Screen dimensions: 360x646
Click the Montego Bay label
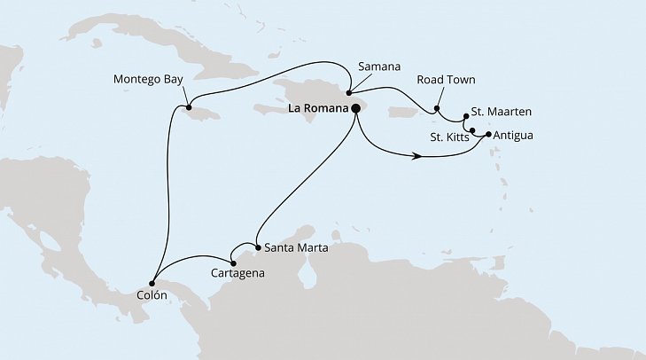pyautogui.click(x=148, y=79)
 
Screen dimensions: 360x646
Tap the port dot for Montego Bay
pyautogui.click(x=187, y=108)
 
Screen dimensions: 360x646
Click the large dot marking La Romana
pyautogui.click(x=356, y=108)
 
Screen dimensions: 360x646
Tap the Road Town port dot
pyautogui.click(x=437, y=111)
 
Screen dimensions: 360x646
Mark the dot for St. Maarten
pyautogui.click(x=467, y=116)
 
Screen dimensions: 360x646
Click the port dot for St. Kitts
pyautogui.click(x=472, y=131)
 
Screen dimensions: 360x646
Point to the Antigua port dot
pyautogui.click(x=488, y=136)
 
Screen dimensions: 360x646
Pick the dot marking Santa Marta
pyautogui.click(x=255, y=247)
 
